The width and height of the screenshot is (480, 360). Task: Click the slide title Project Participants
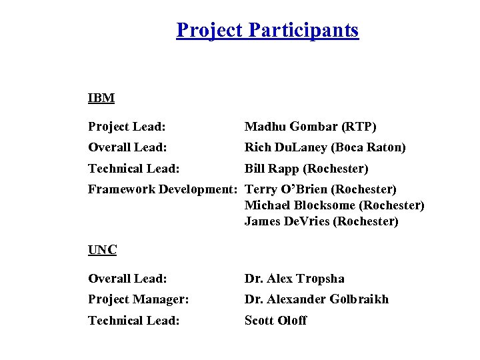tap(267, 30)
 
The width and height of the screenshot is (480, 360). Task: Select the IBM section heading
tap(101, 99)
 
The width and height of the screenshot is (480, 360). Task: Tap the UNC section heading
tap(103, 251)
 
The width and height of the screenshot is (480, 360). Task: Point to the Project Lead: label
tap(127, 127)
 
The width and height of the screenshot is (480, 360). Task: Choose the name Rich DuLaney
tap(286, 147)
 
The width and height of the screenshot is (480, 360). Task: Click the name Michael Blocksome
tap(297, 205)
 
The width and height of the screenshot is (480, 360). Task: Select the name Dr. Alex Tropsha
tap(294, 279)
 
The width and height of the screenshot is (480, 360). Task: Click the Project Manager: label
tap(138, 299)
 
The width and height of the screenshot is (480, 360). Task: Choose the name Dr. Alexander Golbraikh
tap(316, 299)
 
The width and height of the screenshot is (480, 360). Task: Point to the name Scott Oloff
tap(275, 321)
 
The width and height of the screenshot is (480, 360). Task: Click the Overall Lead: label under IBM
tap(127, 147)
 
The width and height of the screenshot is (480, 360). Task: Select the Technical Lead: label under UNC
tap(133, 321)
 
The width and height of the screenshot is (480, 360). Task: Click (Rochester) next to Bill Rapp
tap(337, 169)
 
